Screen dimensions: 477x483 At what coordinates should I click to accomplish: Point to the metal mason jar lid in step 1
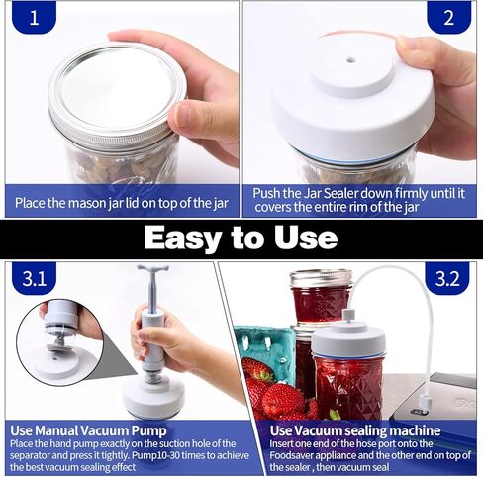coord(114,94)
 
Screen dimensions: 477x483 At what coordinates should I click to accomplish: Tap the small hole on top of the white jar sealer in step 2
coord(349,60)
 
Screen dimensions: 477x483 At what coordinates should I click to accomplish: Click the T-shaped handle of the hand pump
coord(152,269)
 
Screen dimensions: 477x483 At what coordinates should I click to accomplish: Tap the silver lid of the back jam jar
coord(320,279)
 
